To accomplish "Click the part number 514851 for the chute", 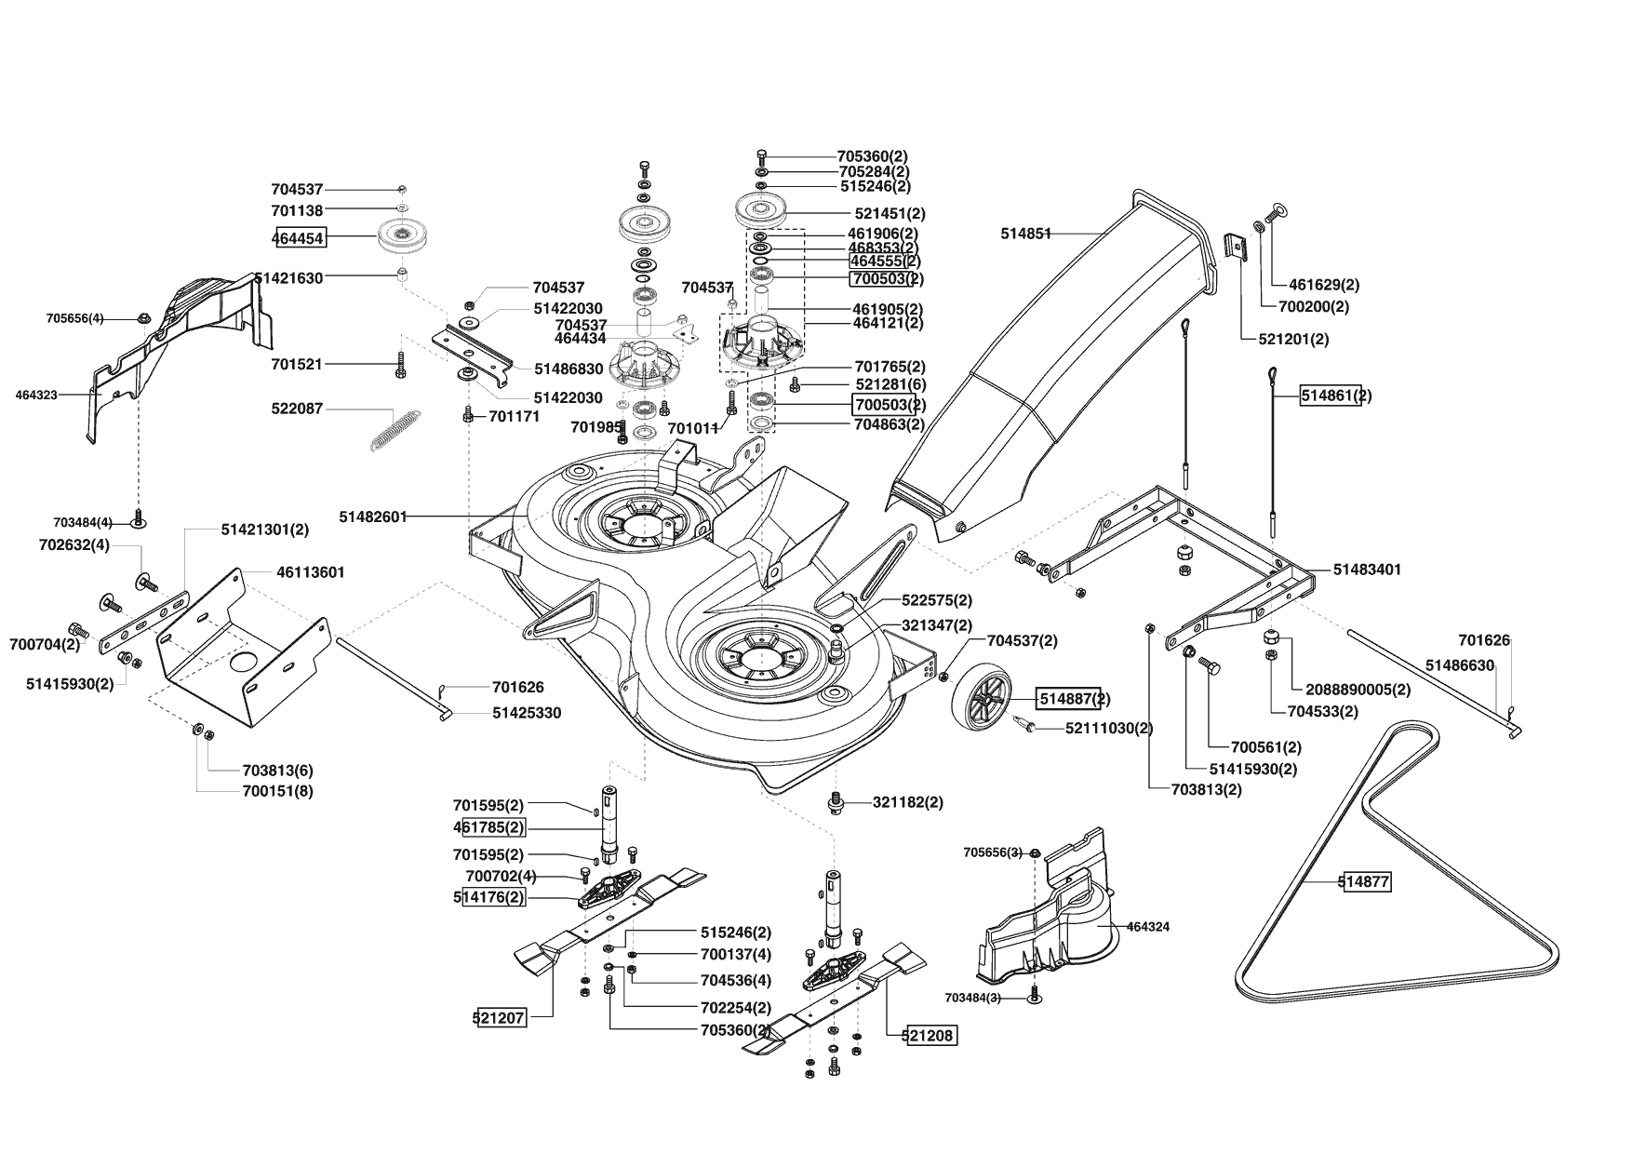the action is (x=1026, y=234).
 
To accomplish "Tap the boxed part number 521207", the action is (x=500, y=1018).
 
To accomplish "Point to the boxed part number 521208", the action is (x=930, y=1034).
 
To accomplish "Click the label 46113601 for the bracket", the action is (x=311, y=572).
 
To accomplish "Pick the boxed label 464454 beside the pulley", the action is (x=299, y=238).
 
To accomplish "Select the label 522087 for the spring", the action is (x=298, y=409).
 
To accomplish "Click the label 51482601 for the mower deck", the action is (x=373, y=517).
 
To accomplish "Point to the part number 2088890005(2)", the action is (x=1358, y=690).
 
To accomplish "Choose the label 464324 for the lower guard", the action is (x=1148, y=927).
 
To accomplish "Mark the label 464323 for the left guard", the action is (x=36, y=395).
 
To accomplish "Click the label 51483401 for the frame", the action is (x=1367, y=569).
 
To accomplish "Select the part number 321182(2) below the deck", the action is (x=908, y=802).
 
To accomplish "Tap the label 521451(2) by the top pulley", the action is (x=890, y=213).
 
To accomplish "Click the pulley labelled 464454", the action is (x=403, y=239).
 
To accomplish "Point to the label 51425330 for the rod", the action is (x=527, y=713).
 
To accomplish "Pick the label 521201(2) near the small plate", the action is (x=1293, y=340).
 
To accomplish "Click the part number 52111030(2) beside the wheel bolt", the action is (x=1109, y=728).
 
